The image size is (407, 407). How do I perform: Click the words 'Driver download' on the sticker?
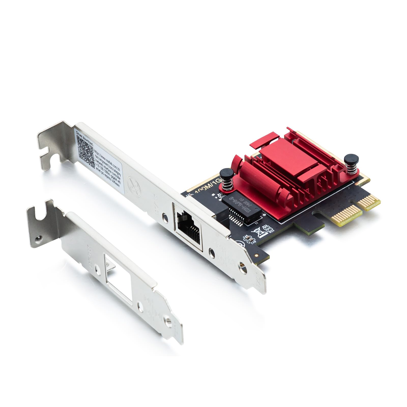pos(84,138)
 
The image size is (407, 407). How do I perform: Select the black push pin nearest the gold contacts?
pos(351,159)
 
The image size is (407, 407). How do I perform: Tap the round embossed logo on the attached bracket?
pos(134,186)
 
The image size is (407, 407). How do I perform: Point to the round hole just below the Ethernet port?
pos(212,253)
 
